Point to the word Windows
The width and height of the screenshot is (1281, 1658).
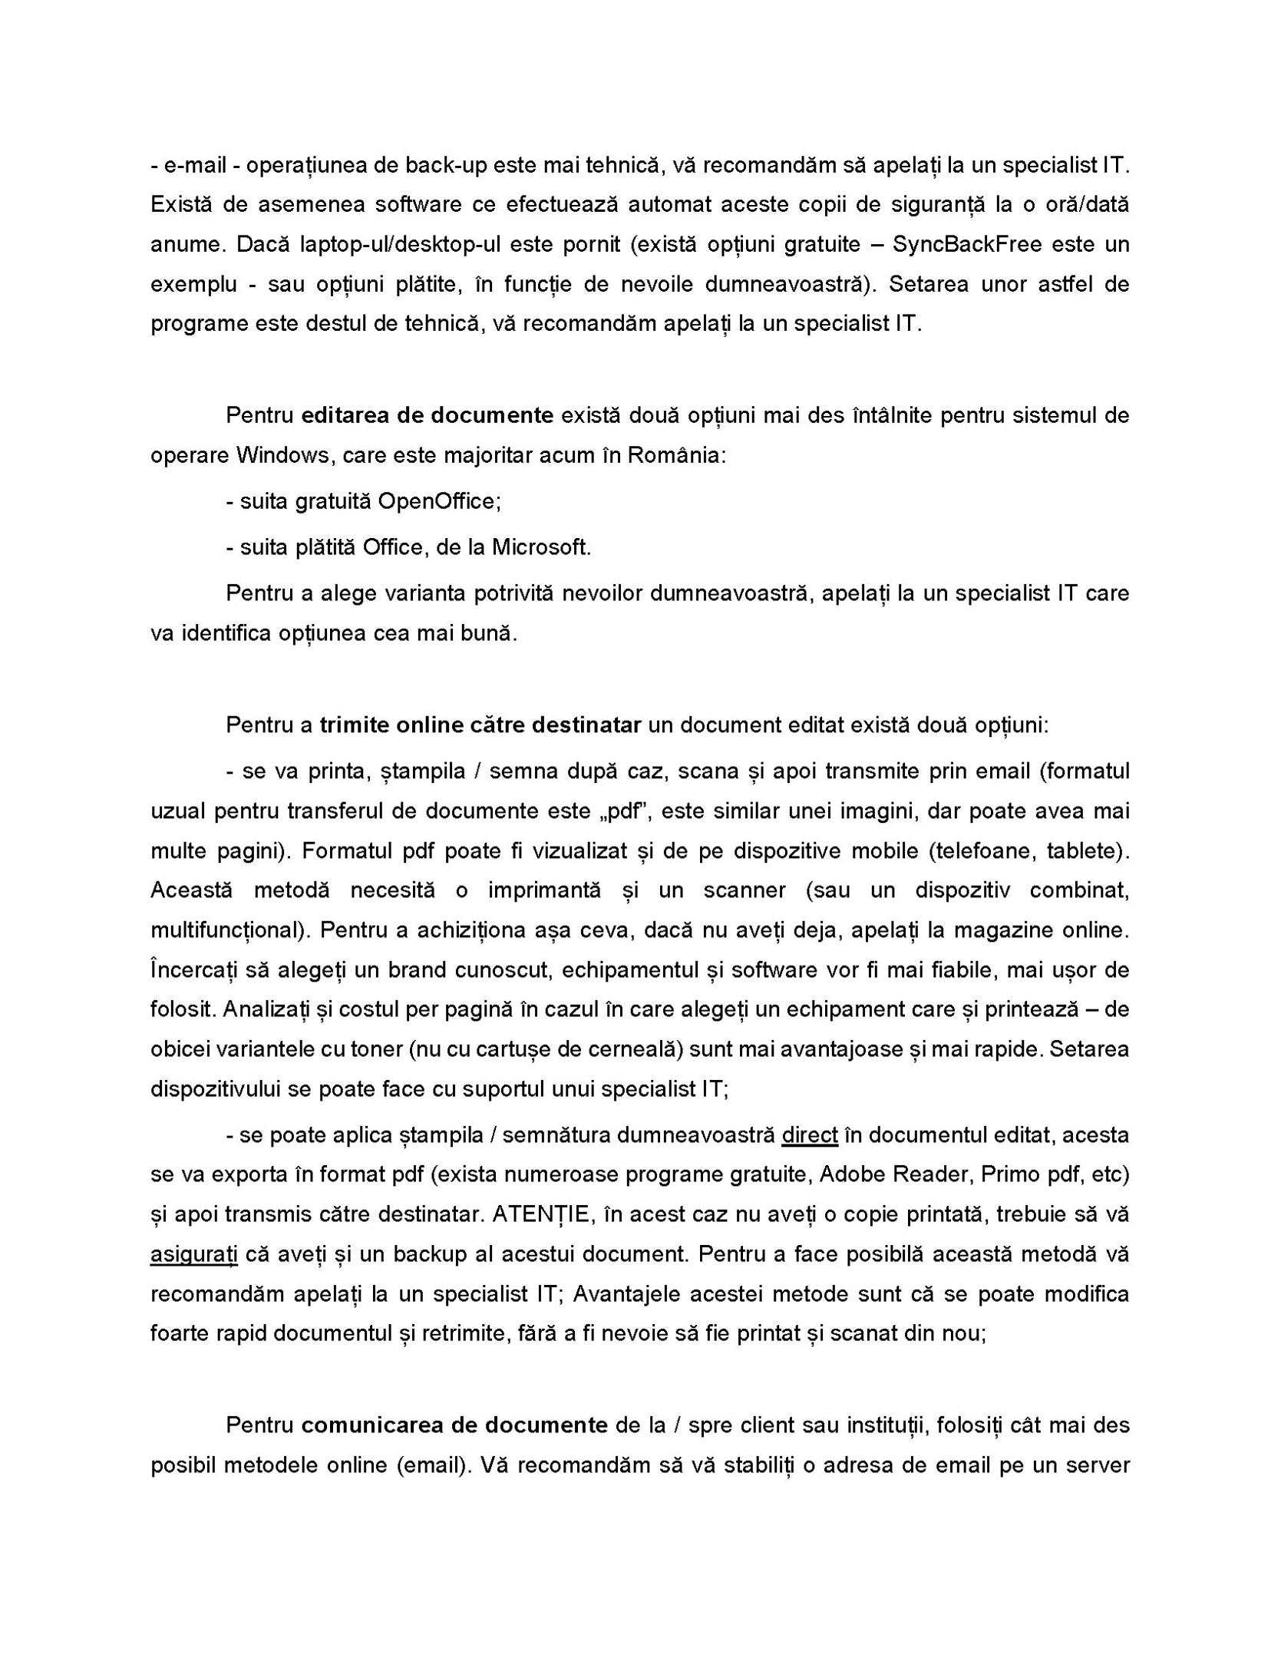(x=282, y=455)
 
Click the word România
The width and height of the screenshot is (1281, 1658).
(x=675, y=455)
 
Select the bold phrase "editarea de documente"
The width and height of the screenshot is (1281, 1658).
(x=428, y=415)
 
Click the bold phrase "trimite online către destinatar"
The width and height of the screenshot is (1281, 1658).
(x=480, y=725)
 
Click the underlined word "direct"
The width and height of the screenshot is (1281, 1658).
(x=809, y=1135)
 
